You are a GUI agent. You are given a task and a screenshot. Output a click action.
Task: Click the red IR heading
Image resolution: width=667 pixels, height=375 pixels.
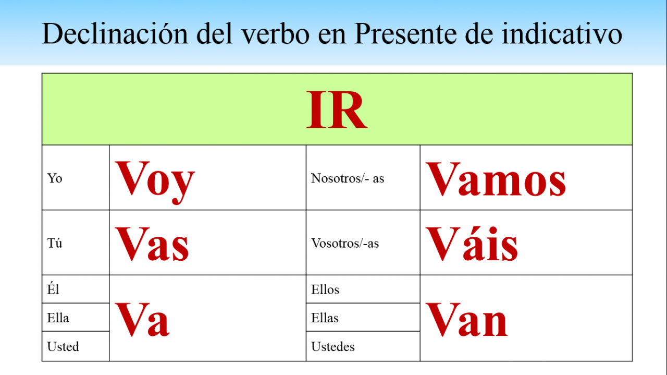click(x=337, y=110)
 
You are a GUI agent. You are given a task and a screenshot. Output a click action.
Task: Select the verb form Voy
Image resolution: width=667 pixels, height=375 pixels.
click(x=155, y=182)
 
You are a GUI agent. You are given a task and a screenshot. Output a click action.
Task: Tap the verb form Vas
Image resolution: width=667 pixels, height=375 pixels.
click(x=152, y=244)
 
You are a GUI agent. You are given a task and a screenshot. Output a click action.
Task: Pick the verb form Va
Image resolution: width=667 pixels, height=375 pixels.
click(x=142, y=319)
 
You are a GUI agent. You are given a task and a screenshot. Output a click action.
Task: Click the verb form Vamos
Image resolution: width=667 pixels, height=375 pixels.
click(x=496, y=179)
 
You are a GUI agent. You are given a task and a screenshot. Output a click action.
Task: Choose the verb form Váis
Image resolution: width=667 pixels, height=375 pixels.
click(x=472, y=244)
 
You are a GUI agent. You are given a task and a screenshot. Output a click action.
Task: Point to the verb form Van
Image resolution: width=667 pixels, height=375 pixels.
click(x=466, y=319)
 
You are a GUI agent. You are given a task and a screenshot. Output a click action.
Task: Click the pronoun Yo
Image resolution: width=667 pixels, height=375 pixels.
click(x=55, y=178)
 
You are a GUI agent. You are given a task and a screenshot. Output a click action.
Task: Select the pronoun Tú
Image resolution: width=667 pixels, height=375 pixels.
click(x=55, y=243)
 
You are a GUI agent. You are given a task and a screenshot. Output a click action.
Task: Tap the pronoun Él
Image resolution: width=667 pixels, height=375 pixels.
click(x=53, y=288)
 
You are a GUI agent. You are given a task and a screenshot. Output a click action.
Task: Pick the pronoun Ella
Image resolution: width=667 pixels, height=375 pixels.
click(x=58, y=318)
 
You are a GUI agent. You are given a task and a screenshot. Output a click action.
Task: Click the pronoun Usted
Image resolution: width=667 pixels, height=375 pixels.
click(x=63, y=346)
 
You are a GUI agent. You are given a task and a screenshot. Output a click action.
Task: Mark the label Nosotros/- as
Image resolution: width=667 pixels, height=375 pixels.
click(x=348, y=178)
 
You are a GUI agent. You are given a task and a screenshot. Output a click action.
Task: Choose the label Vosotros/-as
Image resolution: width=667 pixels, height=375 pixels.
click(x=345, y=243)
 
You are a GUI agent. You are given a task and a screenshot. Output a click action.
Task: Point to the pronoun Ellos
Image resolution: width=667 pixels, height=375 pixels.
click(x=325, y=289)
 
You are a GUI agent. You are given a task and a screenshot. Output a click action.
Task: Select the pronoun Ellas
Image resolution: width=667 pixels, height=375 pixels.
click(x=325, y=318)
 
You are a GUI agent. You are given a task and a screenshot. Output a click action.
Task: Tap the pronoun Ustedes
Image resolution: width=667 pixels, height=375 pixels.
click(x=333, y=346)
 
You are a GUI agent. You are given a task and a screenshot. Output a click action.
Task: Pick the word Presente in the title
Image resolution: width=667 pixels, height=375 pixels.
click(x=405, y=33)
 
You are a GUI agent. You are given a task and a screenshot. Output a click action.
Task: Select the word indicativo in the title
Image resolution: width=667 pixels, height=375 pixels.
click(x=562, y=33)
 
